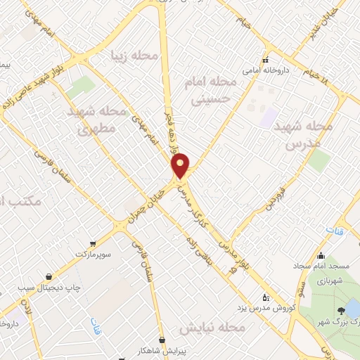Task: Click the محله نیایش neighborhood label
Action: pos(211,328)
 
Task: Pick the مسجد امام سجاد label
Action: pos(321,267)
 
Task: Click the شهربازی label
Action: pos(328,280)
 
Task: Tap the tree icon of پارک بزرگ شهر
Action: pos(341,310)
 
